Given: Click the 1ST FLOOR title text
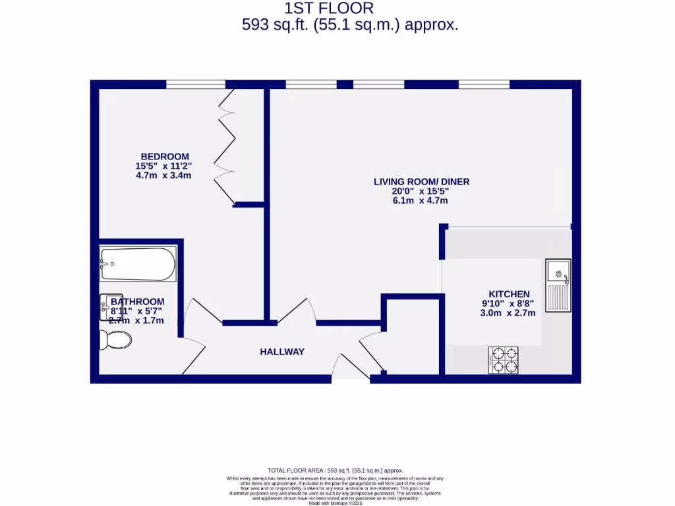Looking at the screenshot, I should pyautogui.click(x=329, y=9).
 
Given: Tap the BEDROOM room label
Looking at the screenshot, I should pyautogui.click(x=165, y=156).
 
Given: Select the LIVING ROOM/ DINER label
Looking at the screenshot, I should pyautogui.click(x=421, y=182).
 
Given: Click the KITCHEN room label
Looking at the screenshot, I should pyautogui.click(x=509, y=294).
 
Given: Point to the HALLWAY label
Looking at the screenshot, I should pyautogui.click(x=282, y=352).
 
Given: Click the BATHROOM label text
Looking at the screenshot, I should pyautogui.click(x=137, y=302).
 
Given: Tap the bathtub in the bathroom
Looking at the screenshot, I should pyautogui.click(x=138, y=264).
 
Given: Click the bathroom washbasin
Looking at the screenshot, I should pyautogui.click(x=111, y=306).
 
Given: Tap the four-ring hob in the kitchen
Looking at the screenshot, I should pyautogui.click(x=503, y=360).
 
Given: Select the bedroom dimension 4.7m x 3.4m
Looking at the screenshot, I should pyautogui.click(x=163, y=176).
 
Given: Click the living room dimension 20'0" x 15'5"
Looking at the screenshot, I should pyautogui.click(x=421, y=191).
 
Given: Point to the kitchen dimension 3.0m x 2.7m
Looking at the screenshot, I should pyautogui.click(x=508, y=313).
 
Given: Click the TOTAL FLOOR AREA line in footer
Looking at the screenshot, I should pyautogui.click(x=335, y=470).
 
